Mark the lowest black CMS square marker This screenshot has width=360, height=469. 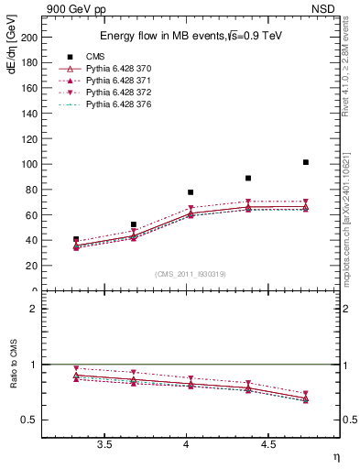click(76, 239)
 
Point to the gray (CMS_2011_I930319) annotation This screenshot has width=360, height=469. click(191, 274)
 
